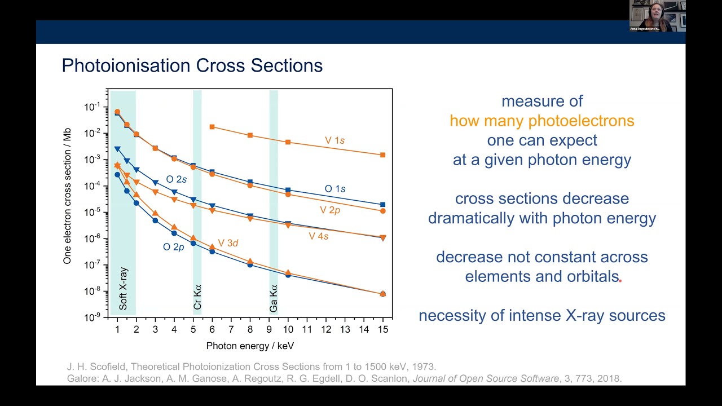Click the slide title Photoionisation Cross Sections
(192, 65)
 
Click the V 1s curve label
(334, 140)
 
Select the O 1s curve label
(335, 189)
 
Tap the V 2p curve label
(330, 210)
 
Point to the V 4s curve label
(318, 236)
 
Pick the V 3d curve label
(228, 243)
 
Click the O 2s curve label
(176, 179)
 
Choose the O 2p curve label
(174, 247)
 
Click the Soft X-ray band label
(123, 288)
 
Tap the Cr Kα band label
(197, 297)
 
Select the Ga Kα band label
(274, 298)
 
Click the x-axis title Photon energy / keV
(250, 346)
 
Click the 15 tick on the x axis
(382, 329)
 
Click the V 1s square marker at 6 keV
(212, 127)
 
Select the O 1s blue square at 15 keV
(382, 205)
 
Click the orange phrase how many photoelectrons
(541, 121)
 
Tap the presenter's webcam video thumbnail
(657, 16)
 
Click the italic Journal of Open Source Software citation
(486, 378)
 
